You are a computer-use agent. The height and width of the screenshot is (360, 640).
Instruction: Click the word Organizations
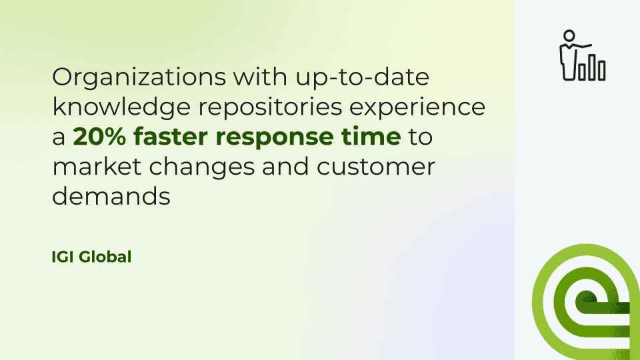[139, 77]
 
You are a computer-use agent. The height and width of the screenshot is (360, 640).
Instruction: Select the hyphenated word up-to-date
[363, 77]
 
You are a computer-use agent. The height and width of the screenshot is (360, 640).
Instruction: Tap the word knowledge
[121, 107]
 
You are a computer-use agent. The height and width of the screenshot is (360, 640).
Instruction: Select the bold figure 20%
[99, 137]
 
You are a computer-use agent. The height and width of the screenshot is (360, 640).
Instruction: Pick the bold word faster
[171, 136]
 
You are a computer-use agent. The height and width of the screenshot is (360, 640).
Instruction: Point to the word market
[97, 167]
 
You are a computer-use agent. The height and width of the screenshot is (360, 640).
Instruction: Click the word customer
[375, 167]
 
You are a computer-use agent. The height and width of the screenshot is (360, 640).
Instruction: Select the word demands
[111, 196]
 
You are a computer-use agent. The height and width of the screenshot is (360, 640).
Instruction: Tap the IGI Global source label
[91, 257]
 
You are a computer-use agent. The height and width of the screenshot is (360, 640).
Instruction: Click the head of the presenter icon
[569, 35]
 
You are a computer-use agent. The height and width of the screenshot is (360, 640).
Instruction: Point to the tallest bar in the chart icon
[591, 67]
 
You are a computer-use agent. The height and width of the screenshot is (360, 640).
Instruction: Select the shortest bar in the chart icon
[581, 72]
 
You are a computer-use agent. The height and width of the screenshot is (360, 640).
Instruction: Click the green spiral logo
[586, 302]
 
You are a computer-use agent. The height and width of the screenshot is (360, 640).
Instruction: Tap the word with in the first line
[261, 77]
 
